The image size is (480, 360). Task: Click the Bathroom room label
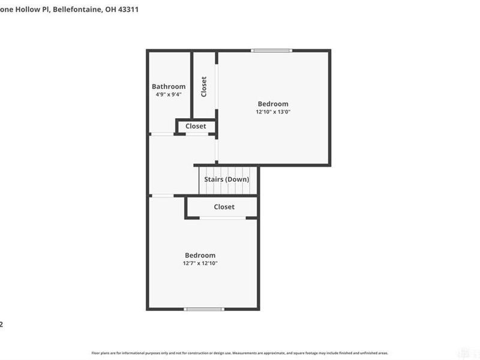(x=169, y=86)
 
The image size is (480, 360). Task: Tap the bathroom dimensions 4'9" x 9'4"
(x=169, y=94)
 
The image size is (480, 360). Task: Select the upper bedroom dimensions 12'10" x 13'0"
(x=273, y=112)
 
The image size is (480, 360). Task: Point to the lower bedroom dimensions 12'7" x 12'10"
(x=200, y=263)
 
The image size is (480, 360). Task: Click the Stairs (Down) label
(x=227, y=179)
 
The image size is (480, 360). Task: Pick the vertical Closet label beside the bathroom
(x=204, y=86)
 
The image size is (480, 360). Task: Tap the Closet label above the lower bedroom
(x=224, y=207)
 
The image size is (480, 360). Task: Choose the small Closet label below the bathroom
(x=196, y=126)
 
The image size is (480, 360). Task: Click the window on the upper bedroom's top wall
(x=272, y=51)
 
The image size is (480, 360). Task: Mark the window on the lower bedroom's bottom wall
(x=203, y=309)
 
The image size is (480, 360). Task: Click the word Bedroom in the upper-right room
(x=273, y=104)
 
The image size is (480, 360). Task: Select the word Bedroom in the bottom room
(x=200, y=255)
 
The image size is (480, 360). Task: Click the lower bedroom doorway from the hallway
(x=161, y=195)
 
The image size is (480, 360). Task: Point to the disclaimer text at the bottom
(x=240, y=353)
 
